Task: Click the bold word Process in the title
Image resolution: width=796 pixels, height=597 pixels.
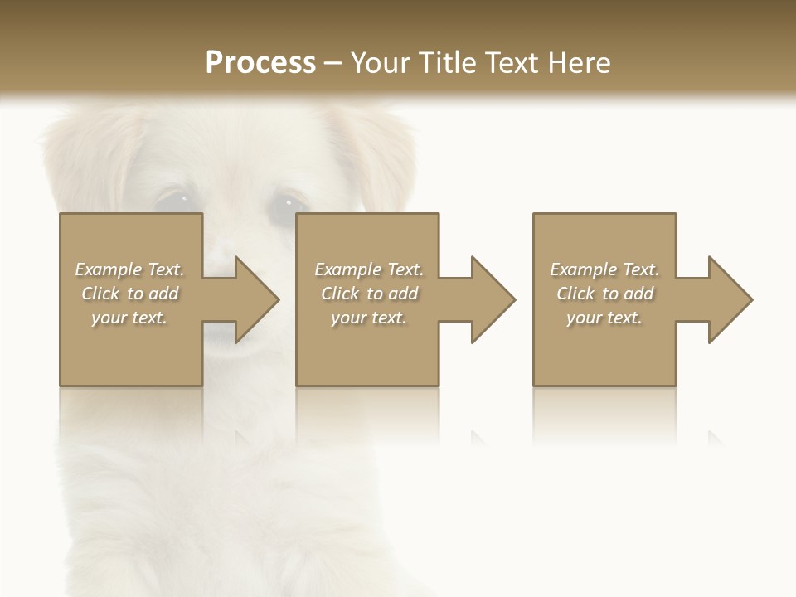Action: click(x=260, y=63)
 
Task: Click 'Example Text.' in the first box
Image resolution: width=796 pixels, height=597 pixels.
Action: click(x=130, y=269)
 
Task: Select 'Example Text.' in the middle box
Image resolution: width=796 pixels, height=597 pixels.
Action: click(x=369, y=269)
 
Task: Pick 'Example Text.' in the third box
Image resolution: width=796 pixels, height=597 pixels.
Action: click(x=604, y=269)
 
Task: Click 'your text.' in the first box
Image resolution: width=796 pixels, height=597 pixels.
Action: click(x=130, y=318)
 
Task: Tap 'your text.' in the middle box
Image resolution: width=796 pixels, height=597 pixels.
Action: click(x=369, y=318)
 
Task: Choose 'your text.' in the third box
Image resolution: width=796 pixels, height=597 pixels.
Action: click(x=604, y=318)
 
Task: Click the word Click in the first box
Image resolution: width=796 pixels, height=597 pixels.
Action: click(x=101, y=294)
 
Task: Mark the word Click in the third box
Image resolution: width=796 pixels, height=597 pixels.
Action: click(x=575, y=294)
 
